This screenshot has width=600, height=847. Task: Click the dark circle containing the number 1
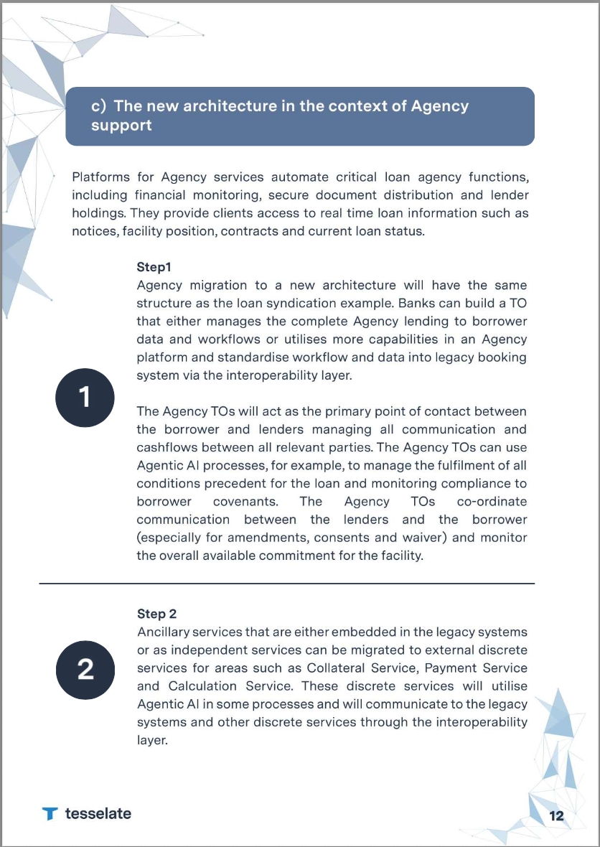pyautogui.click(x=85, y=397)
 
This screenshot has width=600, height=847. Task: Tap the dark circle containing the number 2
pyautogui.click(x=85, y=669)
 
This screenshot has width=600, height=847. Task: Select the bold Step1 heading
pyautogui.click(x=154, y=268)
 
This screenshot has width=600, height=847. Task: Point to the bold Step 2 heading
pyautogui.click(x=156, y=614)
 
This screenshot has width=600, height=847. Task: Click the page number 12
pyautogui.click(x=556, y=815)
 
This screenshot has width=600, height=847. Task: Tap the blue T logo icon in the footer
pyautogui.click(x=50, y=813)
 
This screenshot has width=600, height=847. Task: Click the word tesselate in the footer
pyautogui.click(x=98, y=813)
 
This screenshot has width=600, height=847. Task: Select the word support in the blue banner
pyautogui.click(x=121, y=126)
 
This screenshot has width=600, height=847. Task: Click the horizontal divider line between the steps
pyautogui.click(x=287, y=584)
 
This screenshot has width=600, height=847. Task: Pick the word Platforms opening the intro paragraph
pyautogui.click(x=101, y=177)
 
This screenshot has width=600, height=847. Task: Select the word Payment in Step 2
pyautogui.click(x=443, y=668)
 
